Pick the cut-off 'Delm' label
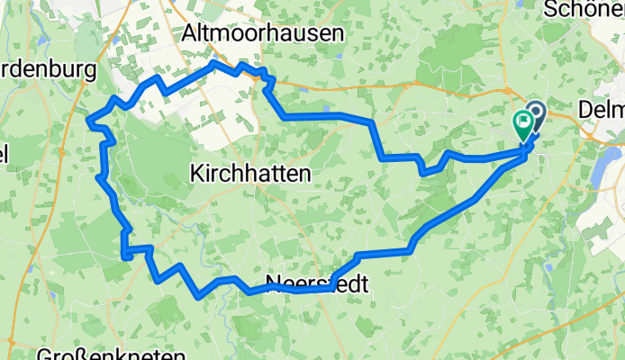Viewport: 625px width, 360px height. point(602,109)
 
